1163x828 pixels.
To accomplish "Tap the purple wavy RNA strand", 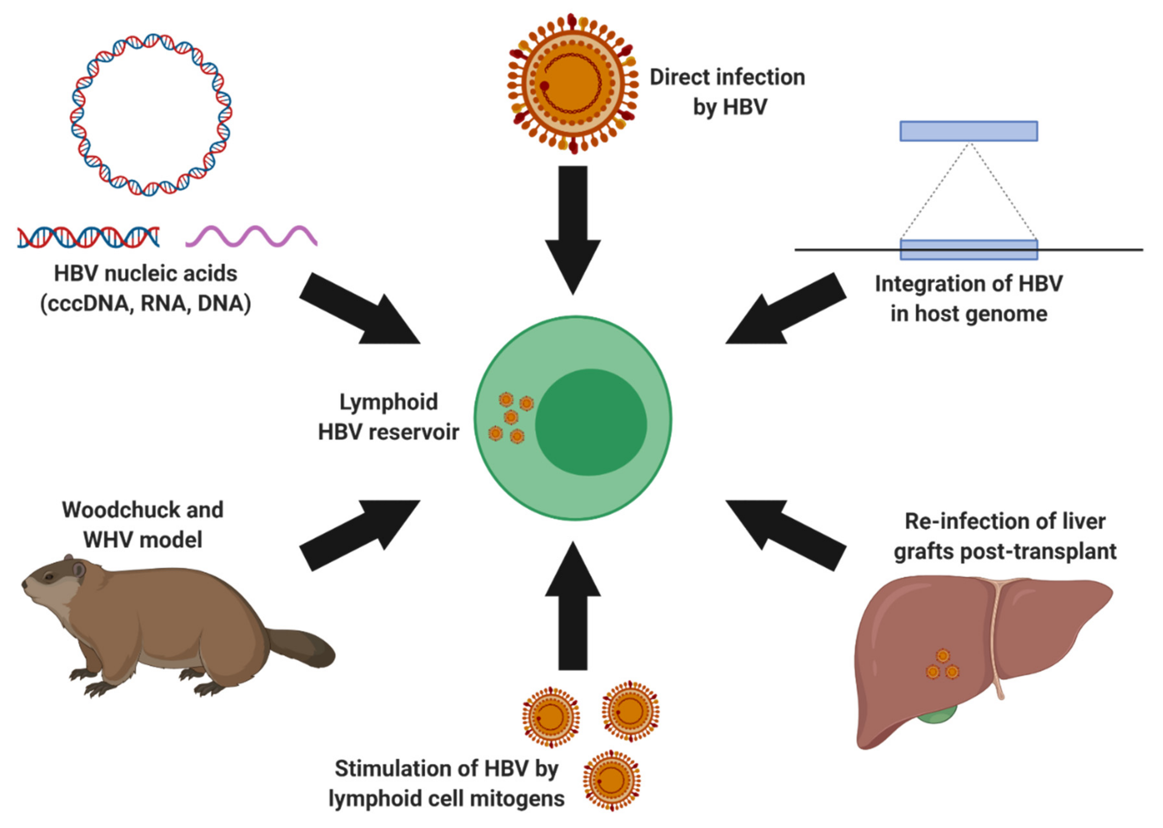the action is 251,236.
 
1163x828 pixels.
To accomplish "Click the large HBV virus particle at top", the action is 573,84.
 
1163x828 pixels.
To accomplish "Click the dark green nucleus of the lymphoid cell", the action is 591,422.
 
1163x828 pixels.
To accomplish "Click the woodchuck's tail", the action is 303,648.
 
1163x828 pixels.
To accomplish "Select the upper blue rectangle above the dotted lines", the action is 968,131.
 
